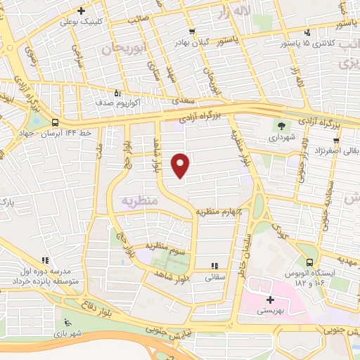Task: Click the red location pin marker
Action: (x=181, y=165)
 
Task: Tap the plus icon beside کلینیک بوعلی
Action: (x=82, y=11)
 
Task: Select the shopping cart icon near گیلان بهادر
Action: (x=192, y=32)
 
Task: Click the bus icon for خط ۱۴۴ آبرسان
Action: (x=55, y=123)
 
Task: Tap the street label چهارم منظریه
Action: (x=219, y=211)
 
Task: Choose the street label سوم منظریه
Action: (x=165, y=245)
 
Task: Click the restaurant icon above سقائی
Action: (x=214, y=266)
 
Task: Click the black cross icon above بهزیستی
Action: (x=269, y=300)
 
